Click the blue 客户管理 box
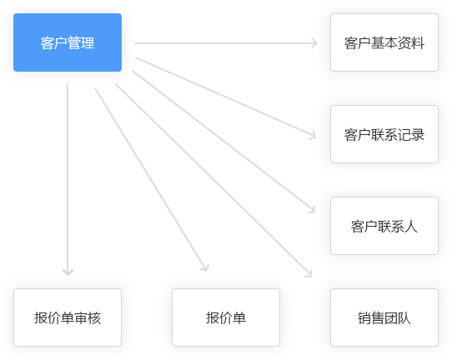[x=68, y=42]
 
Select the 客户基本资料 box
[x=384, y=42]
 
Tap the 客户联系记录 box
[x=384, y=134]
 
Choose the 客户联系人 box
[x=384, y=226]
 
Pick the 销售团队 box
[x=384, y=317]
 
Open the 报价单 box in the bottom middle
[x=226, y=317]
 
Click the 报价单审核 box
[x=68, y=317]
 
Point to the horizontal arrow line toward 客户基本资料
[x=226, y=43]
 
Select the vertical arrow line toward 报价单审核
[x=68, y=180]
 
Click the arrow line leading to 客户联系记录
[x=225, y=97]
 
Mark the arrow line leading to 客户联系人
[x=223, y=142]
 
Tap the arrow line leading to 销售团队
[x=213, y=181]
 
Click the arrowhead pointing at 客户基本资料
[x=314, y=43]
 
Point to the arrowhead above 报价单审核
[x=68, y=272]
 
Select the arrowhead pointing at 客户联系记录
[x=313, y=136]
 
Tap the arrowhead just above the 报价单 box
[x=205, y=267]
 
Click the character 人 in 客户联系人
[x=411, y=226]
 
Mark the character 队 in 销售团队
[x=404, y=318]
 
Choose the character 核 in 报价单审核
[x=94, y=318]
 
